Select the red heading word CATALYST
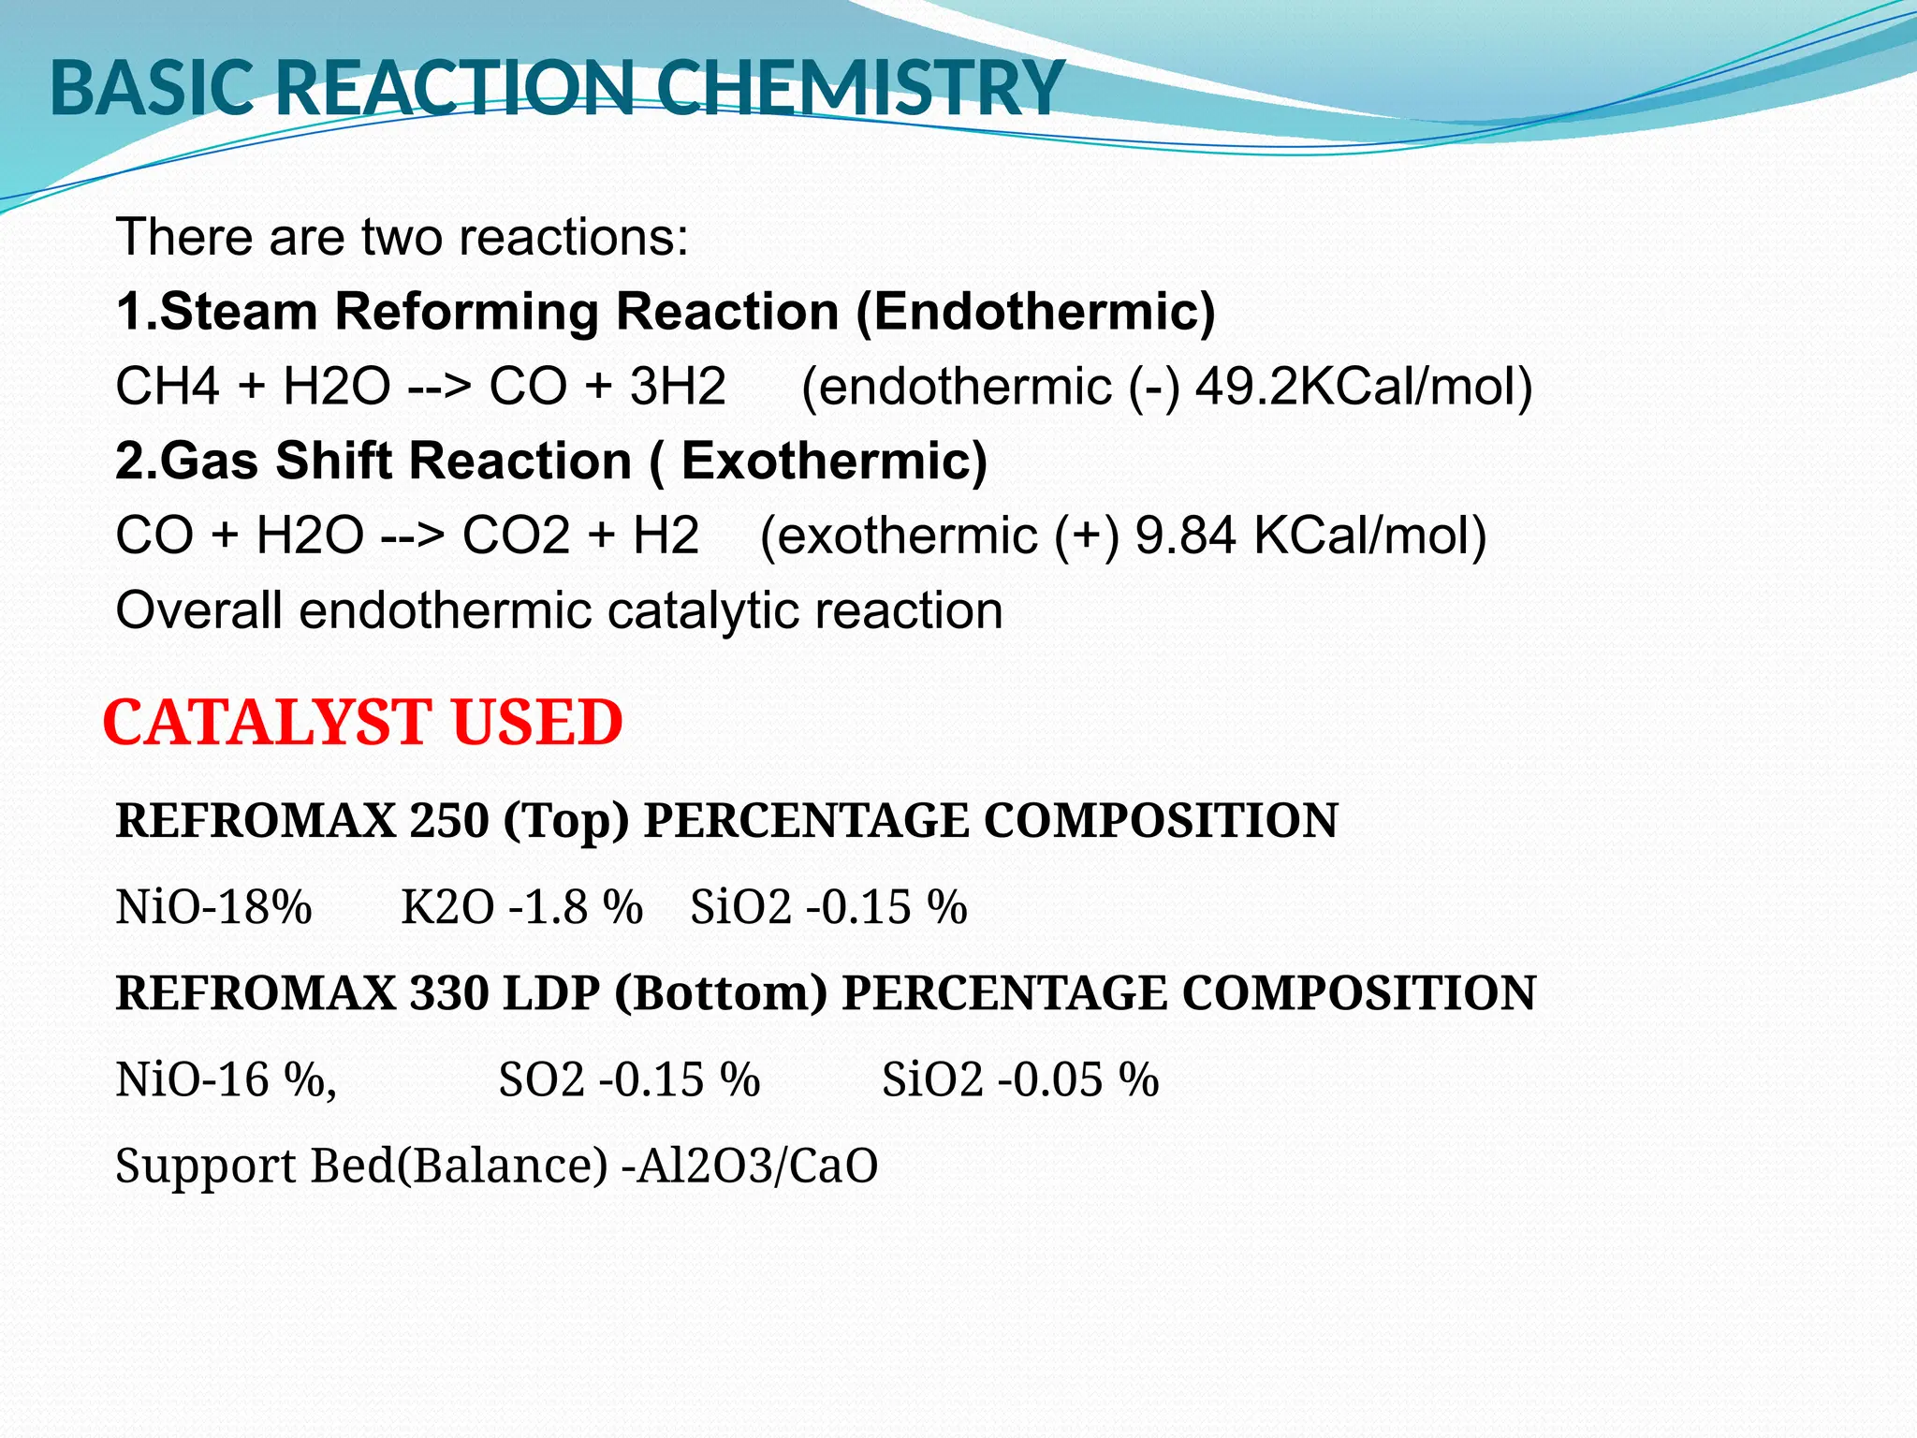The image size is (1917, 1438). tap(263, 723)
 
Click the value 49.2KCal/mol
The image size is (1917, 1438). tap(1364, 386)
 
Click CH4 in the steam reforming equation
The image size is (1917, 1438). tap(168, 386)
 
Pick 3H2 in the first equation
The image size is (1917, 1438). tap(678, 386)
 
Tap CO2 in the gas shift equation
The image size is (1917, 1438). tap(516, 536)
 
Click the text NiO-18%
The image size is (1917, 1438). tap(213, 906)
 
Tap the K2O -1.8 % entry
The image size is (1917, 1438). tap(521, 906)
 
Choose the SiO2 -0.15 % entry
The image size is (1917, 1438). tap(828, 906)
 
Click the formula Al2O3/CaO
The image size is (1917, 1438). tap(756, 1166)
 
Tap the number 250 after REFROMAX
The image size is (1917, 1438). tap(449, 820)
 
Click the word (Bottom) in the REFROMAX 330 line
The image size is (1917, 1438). tap(721, 992)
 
